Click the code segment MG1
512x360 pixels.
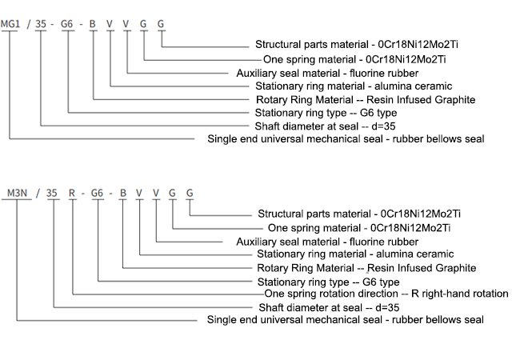coord(10,24)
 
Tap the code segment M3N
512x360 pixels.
coord(17,193)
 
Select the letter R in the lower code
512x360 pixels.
coord(72,193)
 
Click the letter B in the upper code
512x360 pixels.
coord(93,24)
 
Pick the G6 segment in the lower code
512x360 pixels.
coord(97,193)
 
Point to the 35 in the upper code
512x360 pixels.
coord(41,24)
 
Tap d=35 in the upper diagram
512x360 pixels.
coord(383,126)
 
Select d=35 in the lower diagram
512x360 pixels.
coord(387,307)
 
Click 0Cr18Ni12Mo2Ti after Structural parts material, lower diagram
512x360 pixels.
coord(421,214)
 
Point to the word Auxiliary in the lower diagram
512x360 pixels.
coord(255,242)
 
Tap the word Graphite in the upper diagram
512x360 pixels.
coord(455,100)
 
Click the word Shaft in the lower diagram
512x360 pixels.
coord(269,307)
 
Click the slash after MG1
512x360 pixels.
coord(29,24)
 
